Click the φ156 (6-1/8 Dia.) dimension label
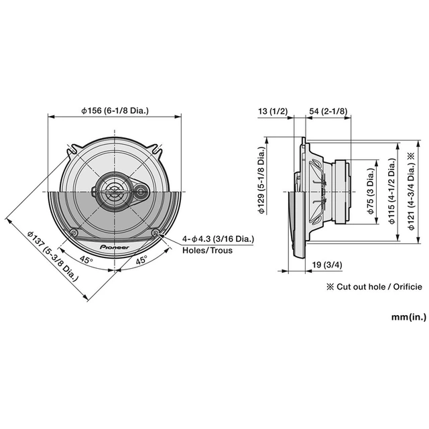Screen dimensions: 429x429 (x=115, y=111)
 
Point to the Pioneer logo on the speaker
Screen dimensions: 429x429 (x=115, y=247)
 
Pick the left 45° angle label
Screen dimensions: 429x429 (x=86, y=259)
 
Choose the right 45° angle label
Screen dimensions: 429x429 (x=141, y=261)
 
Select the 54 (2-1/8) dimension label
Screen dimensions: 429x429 (x=328, y=111)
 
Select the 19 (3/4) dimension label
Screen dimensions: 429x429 (x=326, y=266)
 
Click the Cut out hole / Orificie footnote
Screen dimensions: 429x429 (x=373, y=286)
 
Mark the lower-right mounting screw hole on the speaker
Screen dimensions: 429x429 (x=156, y=233)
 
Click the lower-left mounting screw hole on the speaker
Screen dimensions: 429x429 (x=74, y=233)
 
